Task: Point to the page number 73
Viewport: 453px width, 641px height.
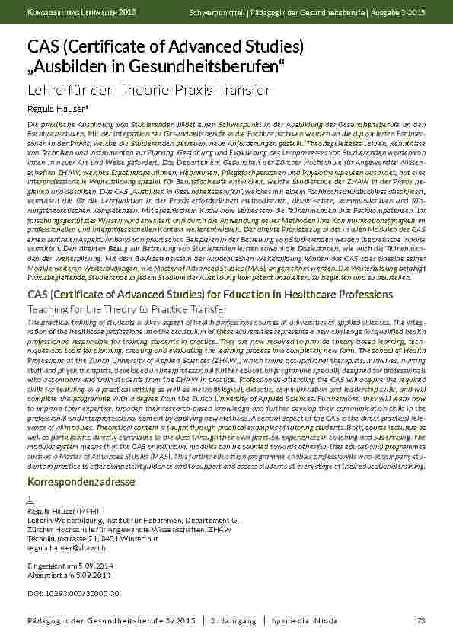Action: point(421,622)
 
